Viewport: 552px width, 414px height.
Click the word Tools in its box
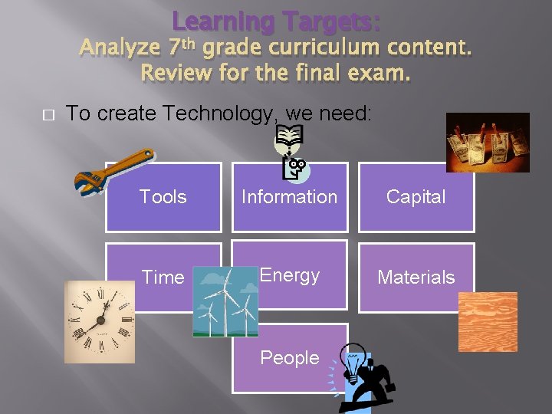click(x=163, y=197)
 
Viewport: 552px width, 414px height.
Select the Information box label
click(x=289, y=197)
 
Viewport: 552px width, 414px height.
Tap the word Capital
click(x=416, y=197)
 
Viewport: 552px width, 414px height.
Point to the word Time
click(x=163, y=278)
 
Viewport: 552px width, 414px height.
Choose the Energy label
click(x=289, y=275)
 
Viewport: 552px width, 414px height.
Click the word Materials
click(x=416, y=278)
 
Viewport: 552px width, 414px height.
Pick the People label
click(x=289, y=358)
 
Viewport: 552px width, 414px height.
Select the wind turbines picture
click(x=225, y=301)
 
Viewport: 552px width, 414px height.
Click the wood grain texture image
click(x=488, y=321)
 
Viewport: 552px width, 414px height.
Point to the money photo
click(x=488, y=142)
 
